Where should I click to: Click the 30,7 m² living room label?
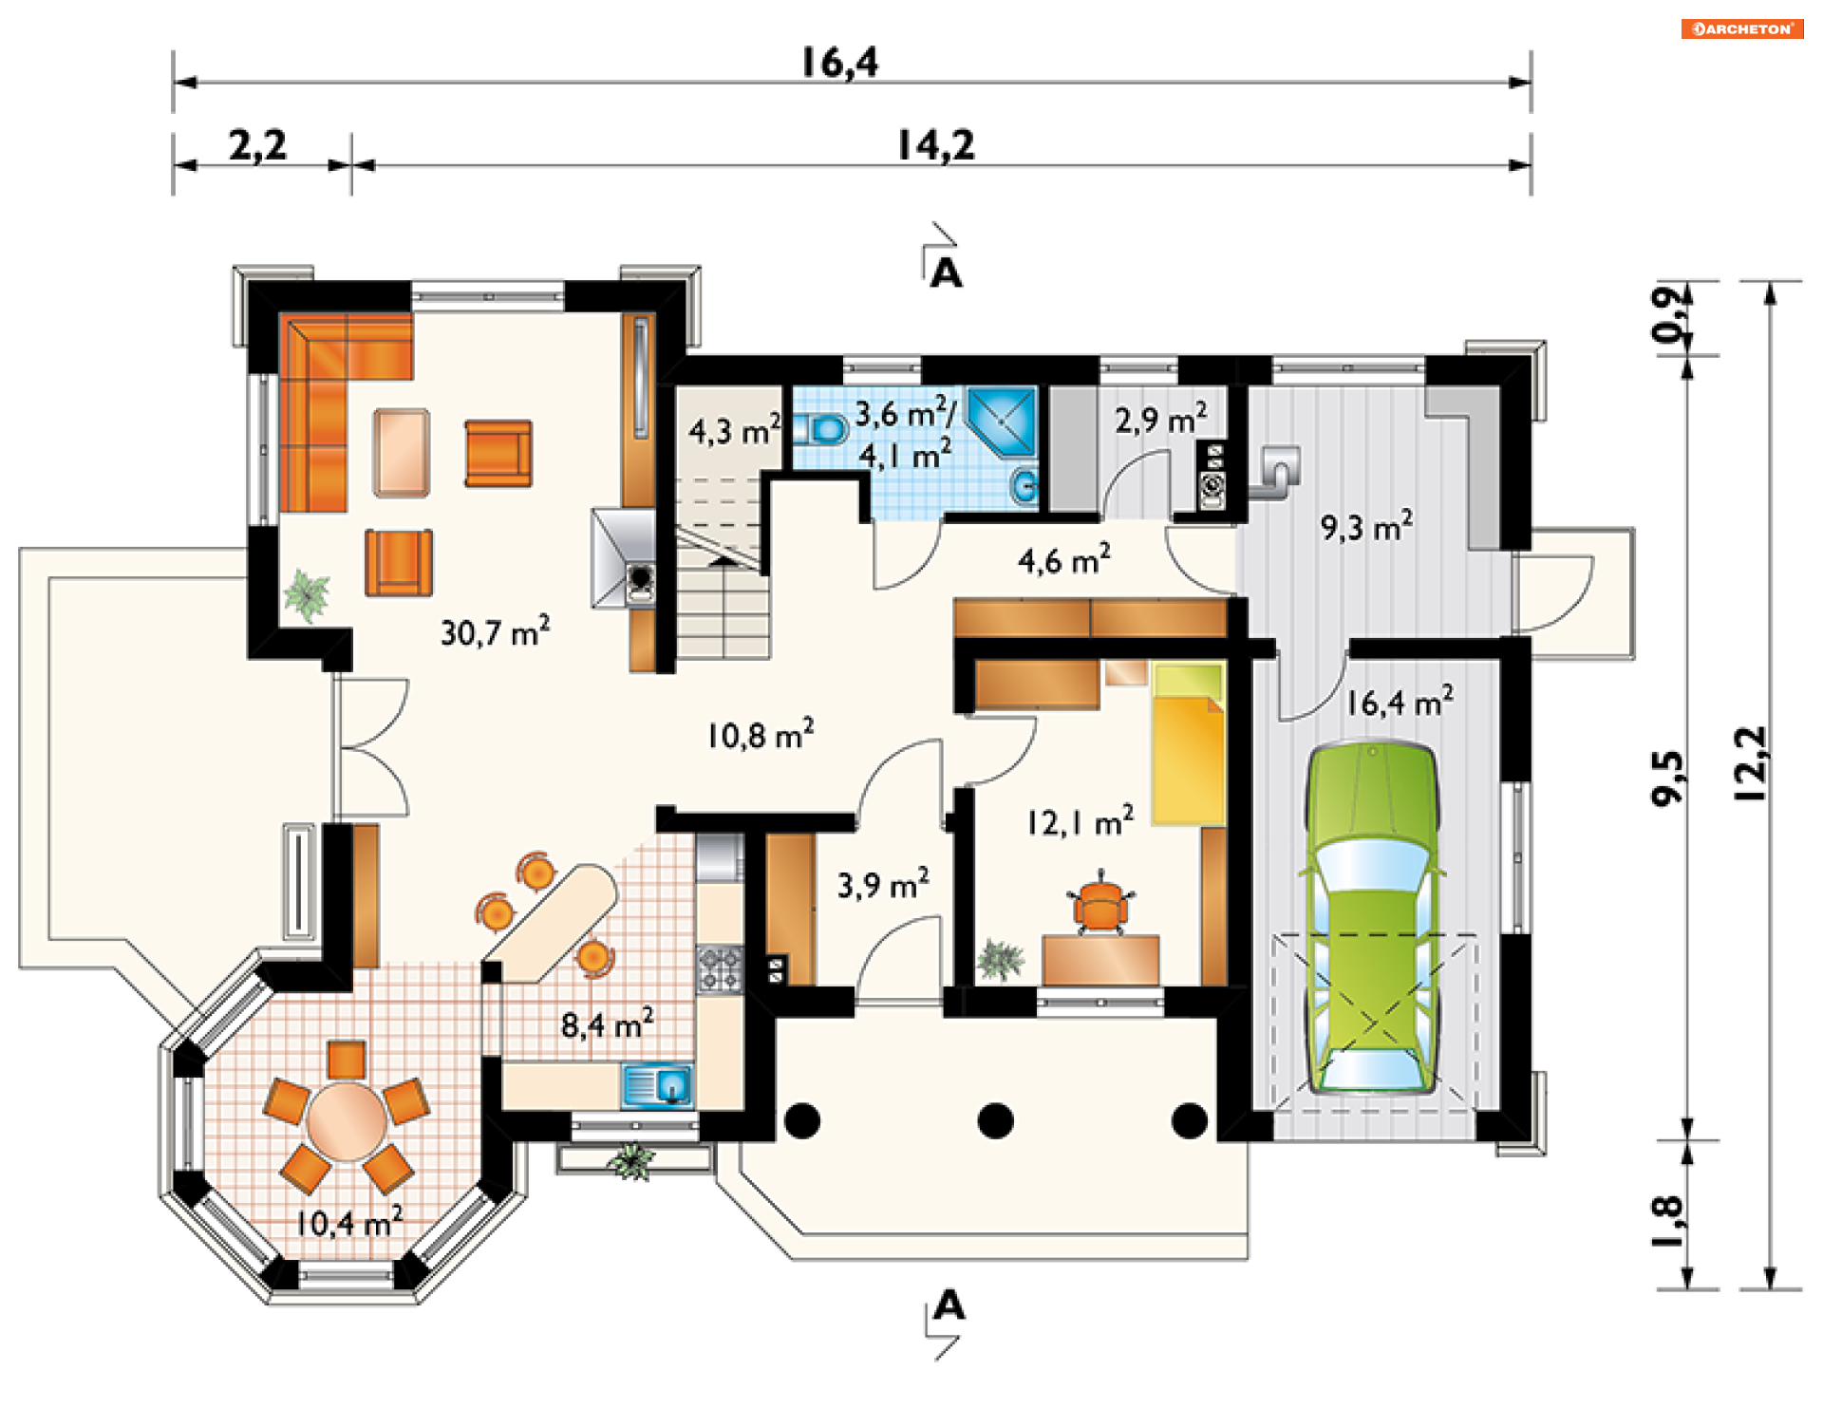(x=495, y=631)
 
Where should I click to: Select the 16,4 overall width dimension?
(x=840, y=63)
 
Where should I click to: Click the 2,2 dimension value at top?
(x=257, y=145)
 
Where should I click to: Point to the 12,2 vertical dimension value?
(x=1750, y=764)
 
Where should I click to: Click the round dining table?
(x=347, y=1121)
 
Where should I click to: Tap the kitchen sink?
(x=657, y=1086)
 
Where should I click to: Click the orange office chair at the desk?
(x=1100, y=902)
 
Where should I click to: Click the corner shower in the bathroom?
(x=1001, y=422)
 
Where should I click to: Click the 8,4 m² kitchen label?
(x=607, y=1023)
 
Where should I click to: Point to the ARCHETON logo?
(x=1742, y=28)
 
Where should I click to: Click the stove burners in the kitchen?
(x=719, y=968)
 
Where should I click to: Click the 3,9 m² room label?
(x=883, y=884)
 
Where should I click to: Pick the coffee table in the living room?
(x=402, y=453)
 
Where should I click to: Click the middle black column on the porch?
(x=995, y=1120)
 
